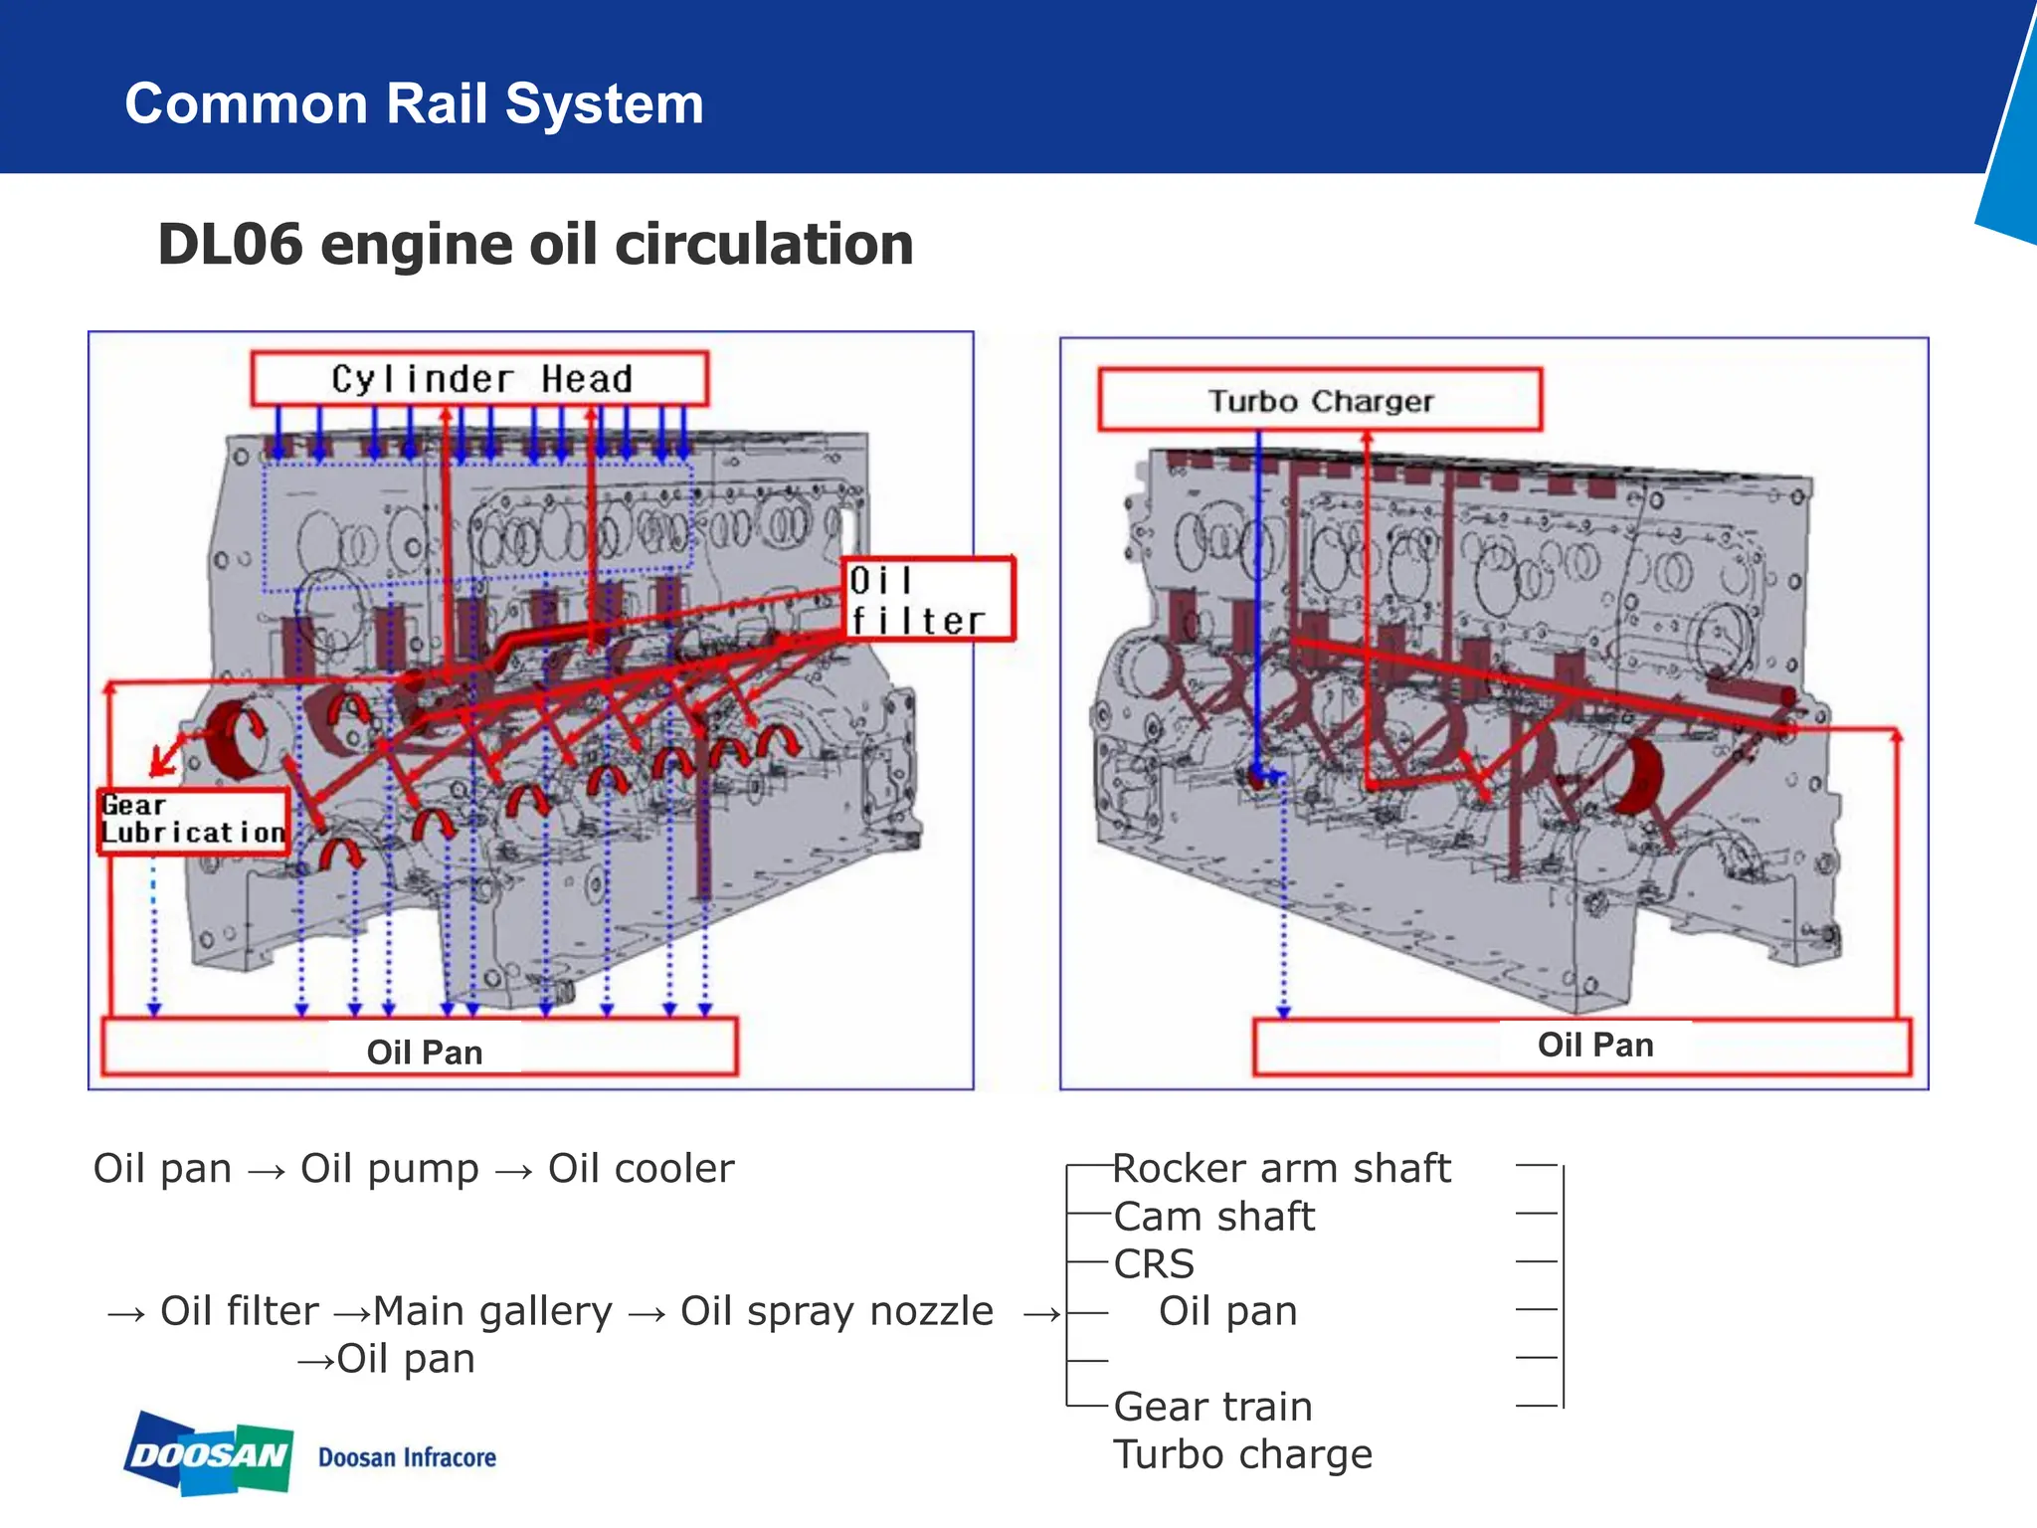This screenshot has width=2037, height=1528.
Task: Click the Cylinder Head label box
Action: tap(479, 379)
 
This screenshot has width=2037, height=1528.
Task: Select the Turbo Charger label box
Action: tap(1320, 400)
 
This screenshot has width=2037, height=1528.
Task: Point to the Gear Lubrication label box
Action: tap(194, 821)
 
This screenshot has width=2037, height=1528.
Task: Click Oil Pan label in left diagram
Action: tap(424, 1051)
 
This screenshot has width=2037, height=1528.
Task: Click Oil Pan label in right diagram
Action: tap(1594, 1045)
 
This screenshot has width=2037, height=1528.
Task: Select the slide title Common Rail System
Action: tap(414, 103)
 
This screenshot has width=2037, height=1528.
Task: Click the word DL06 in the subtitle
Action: tap(230, 245)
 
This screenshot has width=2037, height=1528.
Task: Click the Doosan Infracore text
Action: tap(407, 1457)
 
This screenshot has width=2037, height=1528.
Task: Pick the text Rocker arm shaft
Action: tap(1281, 1168)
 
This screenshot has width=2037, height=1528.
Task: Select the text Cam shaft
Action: tap(1213, 1216)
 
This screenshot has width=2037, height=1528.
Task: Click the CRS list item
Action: tap(1154, 1263)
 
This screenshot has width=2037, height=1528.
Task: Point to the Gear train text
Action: tap(1212, 1407)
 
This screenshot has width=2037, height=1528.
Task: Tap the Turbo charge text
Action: tap(1242, 1454)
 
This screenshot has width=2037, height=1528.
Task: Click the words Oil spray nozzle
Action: tap(836, 1311)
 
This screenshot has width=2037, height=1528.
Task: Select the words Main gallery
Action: tap(492, 1311)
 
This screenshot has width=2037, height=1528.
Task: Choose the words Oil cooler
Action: tap(641, 1168)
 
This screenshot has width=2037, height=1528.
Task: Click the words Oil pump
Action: tap(389, 1168)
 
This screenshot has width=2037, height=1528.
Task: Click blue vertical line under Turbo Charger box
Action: tap(1258, 597)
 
